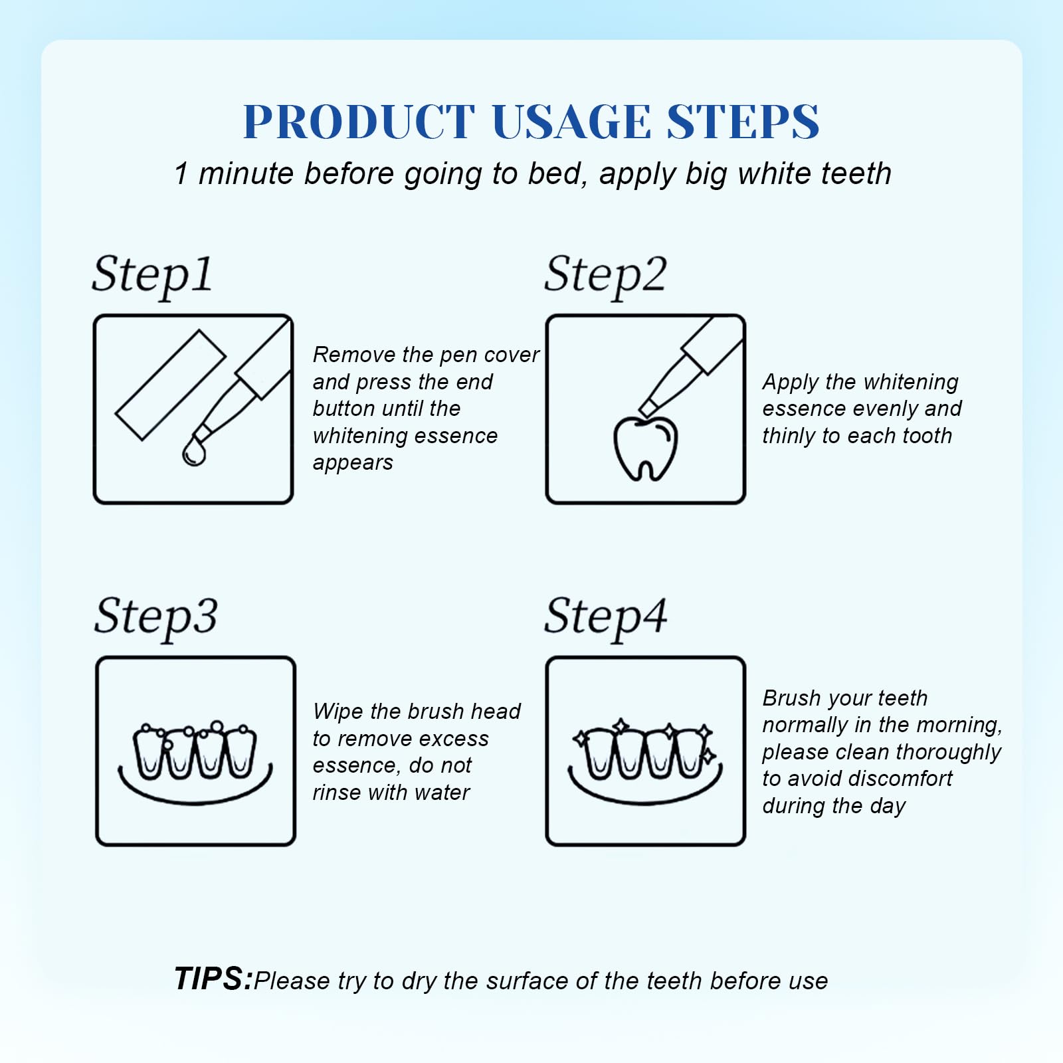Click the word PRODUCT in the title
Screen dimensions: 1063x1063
tap(359, 122)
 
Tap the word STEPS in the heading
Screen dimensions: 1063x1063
tap(743, 122)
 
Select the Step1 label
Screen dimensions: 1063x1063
tap(152, 276)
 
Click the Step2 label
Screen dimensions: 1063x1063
tap(605, 276)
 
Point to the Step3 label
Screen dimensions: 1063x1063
tap(155, 618)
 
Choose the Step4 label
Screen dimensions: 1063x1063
tap(606, 618)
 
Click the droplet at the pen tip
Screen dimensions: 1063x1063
tap(194, 452)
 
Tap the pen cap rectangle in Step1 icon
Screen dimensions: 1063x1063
tap(171, 385)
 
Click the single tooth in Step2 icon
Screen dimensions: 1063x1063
tap(644, 448)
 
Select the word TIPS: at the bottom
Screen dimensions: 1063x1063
tap(213, 979)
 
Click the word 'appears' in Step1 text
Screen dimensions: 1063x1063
tap(353, 464)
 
